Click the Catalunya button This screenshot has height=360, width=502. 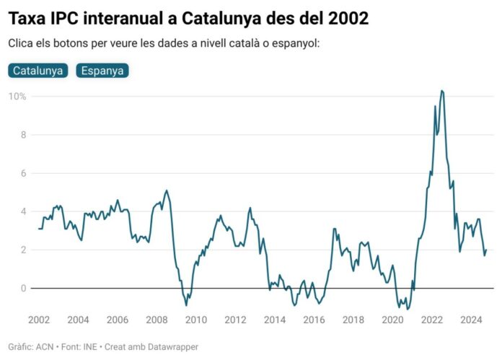tap(39, 71)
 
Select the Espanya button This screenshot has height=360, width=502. tap(102, 71)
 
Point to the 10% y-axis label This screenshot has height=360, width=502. tap(17, 97)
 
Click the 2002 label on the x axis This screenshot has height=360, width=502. tap(38, 320)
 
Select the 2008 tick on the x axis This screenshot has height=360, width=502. tap(157, 320)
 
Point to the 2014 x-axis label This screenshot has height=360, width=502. tap(275, 320)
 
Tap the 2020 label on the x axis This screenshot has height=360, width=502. tap(393, 320)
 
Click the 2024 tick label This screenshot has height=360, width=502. tap(472, 320)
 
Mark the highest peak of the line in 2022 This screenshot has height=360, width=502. tap(441, 91)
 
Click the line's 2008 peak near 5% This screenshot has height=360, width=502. tap(167, 190)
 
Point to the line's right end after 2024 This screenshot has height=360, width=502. tap(487, 250)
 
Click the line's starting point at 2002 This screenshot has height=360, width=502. tap(38, 229)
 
